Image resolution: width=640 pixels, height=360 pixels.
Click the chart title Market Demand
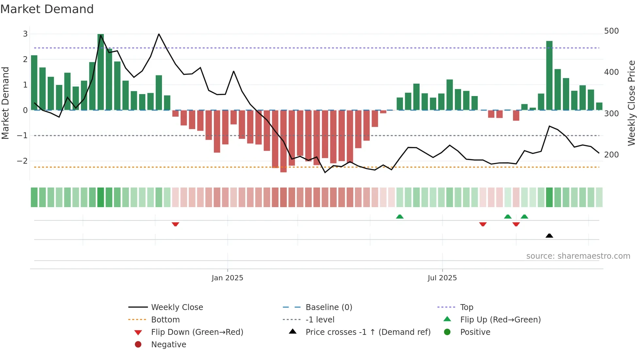click(x=47, y=9)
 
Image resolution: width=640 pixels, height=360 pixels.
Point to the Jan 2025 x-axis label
click(x=227, y=278)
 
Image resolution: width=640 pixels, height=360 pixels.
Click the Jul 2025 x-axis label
click(x=442, y=278)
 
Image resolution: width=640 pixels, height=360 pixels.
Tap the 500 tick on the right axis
click(x=611, y=31)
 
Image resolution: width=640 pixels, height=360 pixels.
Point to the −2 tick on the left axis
click(x=22, y=161)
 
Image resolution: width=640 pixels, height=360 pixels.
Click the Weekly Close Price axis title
click(x=632, y=103)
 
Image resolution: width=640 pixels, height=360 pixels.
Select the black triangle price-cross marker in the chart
click(x=549, y=236)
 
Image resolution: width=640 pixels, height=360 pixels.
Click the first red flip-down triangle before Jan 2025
click(x=175, y=224)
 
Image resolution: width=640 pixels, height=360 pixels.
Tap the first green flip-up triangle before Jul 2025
click(x=400, y=217)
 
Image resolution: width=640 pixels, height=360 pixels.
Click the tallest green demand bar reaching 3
click(x=101, y=72)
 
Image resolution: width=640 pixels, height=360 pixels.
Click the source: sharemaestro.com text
click(x=578, y=256)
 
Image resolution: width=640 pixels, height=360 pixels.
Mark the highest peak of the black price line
click(x=159, y=34)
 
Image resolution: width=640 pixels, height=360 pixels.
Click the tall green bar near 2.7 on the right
click(x=549, y=75)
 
